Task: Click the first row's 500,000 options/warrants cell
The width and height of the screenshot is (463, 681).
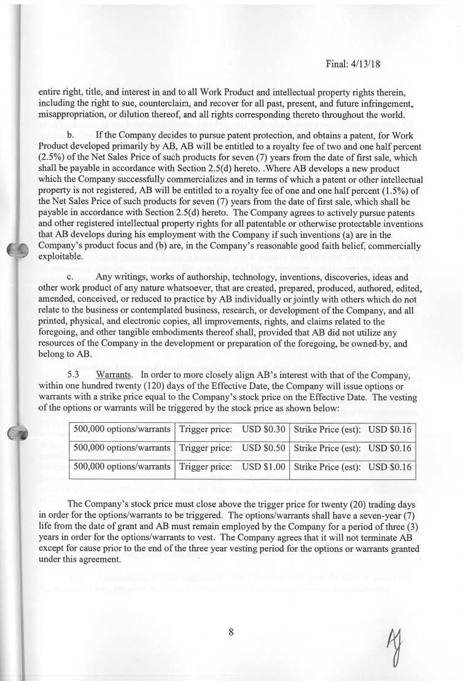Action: click(x=122, y=429)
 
